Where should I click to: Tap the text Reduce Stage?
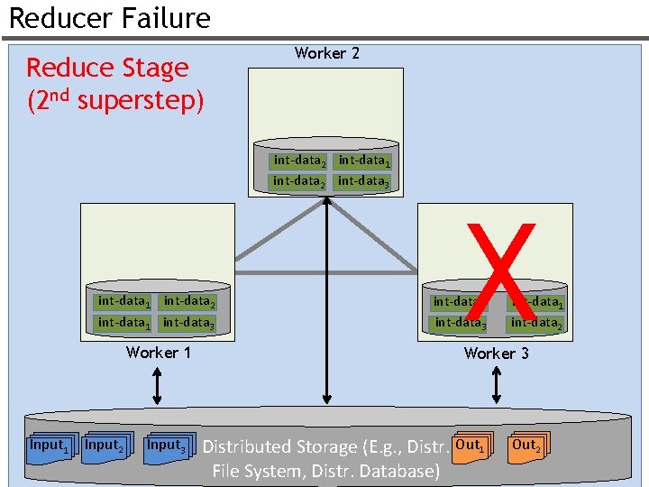[x=107, y=68]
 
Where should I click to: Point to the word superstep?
[x=141, y=100]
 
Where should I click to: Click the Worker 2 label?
[x=326, y=53]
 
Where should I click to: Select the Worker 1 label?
[x=159, y=352]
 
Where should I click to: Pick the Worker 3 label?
[x=496, y=353]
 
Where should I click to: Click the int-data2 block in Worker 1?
[x=188, y=301]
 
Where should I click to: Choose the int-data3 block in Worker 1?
[x=188, y=322]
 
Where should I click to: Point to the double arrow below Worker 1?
[x=158, y=386]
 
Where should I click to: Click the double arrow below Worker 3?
[x=496, y=386]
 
